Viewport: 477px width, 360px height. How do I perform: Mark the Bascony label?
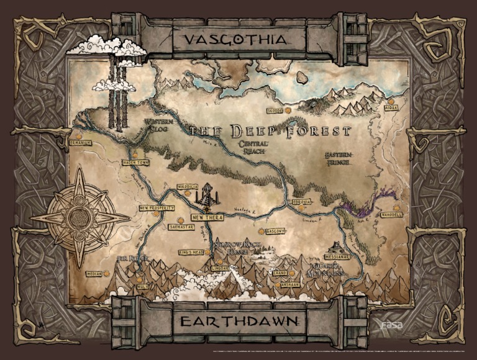pos(275,231)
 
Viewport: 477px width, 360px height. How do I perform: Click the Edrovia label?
pos(302,202)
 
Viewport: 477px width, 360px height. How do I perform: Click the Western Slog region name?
pos(158,126)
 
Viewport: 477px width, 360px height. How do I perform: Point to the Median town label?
pos(94,272)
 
